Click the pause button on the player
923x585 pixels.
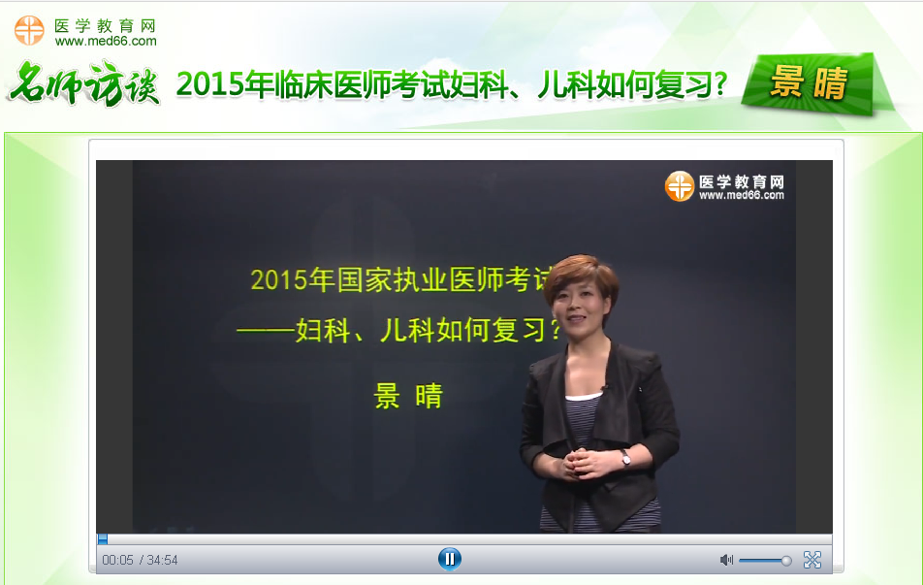449,559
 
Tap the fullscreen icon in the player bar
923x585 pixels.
812,560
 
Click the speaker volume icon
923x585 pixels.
726,560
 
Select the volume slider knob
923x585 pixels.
786,560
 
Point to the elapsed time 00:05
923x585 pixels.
117,561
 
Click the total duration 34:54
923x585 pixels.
163,561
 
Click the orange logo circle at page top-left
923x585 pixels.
29,30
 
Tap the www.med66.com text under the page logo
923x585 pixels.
106,42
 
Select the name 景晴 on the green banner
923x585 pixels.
809,84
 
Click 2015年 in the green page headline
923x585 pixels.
211,85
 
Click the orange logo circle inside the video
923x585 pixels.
679,186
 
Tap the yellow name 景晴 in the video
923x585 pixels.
408,396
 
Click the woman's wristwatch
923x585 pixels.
625,457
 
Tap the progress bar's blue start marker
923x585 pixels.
103,539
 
